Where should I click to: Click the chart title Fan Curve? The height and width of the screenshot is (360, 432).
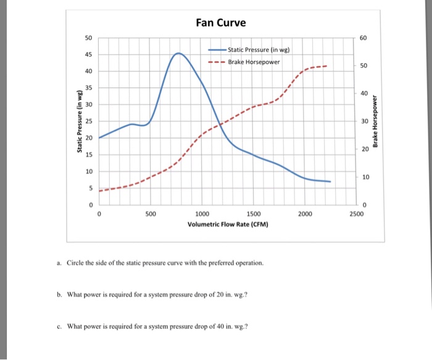[x=220, y=23]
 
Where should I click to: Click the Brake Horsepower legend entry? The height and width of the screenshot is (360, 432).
[x=254, y=62]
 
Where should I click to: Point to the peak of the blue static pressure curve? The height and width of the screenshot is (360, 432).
[x=179, y=53]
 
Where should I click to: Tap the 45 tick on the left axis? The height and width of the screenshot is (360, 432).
[x=89, y=55]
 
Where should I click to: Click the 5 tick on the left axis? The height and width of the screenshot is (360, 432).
[x=91, y=188]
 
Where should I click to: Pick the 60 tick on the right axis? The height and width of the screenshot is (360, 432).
[x=363, y=38]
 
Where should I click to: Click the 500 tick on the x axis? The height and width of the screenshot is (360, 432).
[x=151, y=214]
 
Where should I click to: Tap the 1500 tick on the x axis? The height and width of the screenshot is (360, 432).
[x=253, y=214]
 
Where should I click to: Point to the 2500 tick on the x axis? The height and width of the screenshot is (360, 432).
[x=356, y=214]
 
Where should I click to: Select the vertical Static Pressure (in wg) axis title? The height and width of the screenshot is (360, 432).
[x=79, y=121]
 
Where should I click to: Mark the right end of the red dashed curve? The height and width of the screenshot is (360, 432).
[x=327, y=65]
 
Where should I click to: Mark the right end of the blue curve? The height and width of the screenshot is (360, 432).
[x=331, y=182]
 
